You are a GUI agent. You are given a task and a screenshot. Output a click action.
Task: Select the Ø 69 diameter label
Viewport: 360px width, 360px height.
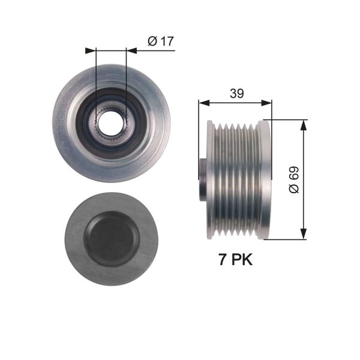click(293, 179)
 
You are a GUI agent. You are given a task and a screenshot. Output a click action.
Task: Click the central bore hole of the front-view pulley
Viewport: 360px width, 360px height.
click(111, 122)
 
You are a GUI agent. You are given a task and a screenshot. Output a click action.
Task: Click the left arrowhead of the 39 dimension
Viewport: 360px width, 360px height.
click(202, 103)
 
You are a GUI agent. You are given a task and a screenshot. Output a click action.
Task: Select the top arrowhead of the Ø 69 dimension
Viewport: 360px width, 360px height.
click(304, 124)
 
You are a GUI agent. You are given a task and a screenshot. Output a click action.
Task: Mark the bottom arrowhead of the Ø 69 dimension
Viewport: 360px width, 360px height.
click(304, 235)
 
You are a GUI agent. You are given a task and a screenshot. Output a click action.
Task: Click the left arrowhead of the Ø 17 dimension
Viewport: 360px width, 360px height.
click(91, 51)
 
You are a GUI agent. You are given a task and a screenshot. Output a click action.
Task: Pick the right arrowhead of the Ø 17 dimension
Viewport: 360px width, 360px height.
click(131, 51)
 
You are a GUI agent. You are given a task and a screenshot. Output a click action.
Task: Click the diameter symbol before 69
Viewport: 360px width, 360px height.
click(293, 189)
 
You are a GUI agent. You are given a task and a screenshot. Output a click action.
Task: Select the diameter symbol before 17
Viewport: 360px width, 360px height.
click(152, 41)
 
